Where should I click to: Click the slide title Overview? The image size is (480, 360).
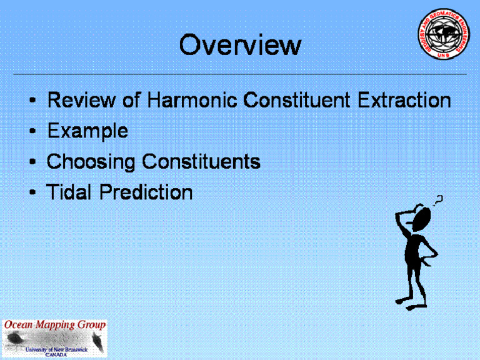pos(240,45)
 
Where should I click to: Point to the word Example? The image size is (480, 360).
pos(87,131)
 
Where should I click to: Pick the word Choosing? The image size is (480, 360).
pos(91,162)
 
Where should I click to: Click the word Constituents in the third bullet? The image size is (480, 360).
pos(201,162)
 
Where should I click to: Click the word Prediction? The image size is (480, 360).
pos(146,192)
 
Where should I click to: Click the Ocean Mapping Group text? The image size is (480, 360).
pos(55,326)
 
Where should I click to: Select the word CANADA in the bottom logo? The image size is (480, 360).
pos(56,355)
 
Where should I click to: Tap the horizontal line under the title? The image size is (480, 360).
pos(240,74)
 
